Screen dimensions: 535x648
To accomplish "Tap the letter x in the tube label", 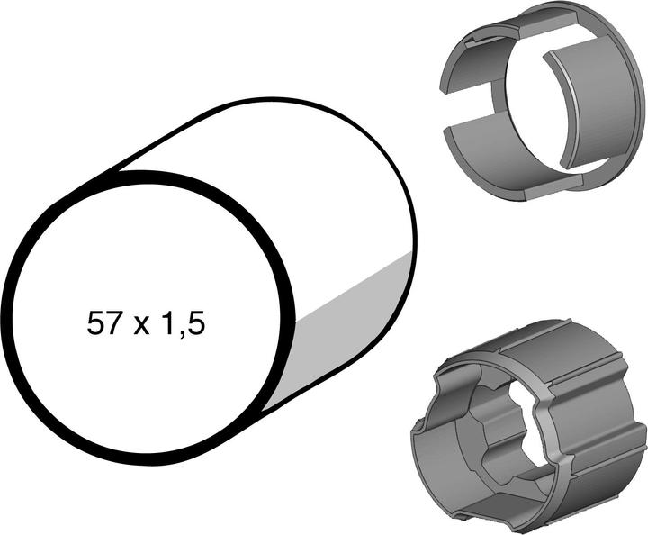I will pyautogui.click(x=139, y=326).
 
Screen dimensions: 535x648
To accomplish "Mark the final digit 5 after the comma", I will pyautogui.click(x=194, y=323).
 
